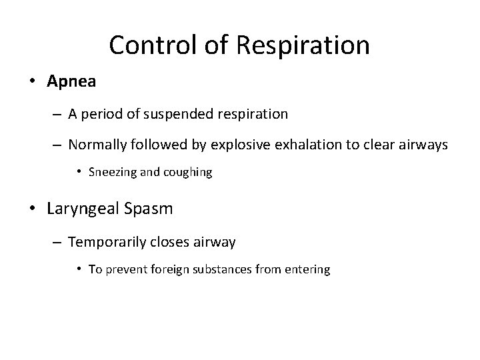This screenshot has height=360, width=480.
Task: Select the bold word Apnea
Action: (x=71, y=82)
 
